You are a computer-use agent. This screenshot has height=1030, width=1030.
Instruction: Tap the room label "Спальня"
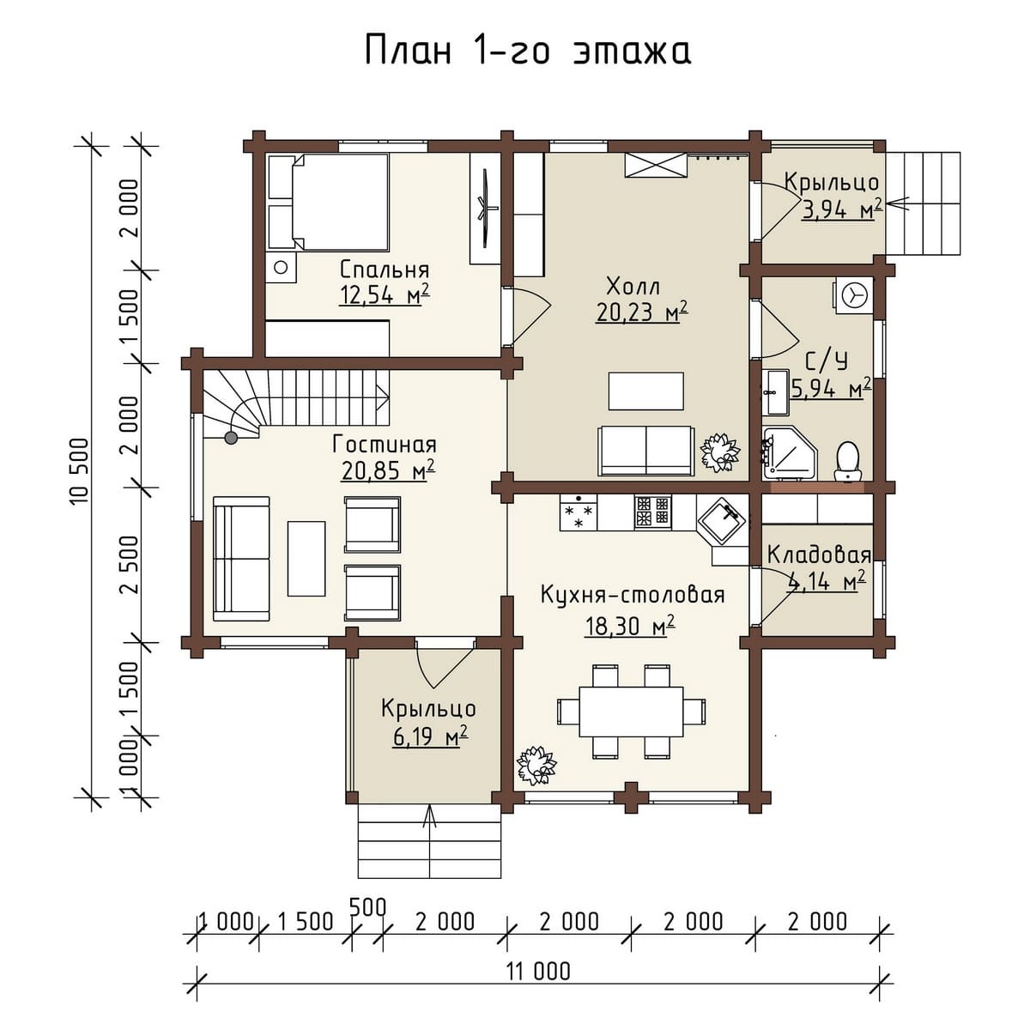(385, 270)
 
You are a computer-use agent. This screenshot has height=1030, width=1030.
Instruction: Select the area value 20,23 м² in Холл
(641, 312)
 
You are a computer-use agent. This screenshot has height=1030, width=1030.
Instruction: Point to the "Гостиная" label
(385, 444)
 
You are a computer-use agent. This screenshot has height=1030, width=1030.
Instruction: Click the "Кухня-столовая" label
(633, 594)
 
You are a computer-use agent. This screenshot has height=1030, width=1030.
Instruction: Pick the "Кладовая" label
(819, 555)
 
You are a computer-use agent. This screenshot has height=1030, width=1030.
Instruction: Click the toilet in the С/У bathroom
(848, 461)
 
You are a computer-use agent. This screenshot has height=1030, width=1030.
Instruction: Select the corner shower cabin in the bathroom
(790, 452)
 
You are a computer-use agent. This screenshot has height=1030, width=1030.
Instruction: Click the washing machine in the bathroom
(853, 294)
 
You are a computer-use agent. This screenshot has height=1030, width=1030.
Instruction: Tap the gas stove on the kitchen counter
(652, 512)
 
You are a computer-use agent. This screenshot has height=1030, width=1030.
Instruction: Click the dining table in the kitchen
(631, 712)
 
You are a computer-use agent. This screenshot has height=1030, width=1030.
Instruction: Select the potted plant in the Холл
(719, 452)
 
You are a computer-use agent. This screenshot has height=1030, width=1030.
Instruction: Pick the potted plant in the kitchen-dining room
(536, 765)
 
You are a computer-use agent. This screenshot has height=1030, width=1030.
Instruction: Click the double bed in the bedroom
(328, 203)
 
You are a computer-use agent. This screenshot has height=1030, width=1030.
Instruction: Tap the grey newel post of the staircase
(231, 439)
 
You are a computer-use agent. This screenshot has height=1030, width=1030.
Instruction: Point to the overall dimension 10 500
(79, 471)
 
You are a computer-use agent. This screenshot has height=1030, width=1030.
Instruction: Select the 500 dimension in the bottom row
(367, 907)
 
